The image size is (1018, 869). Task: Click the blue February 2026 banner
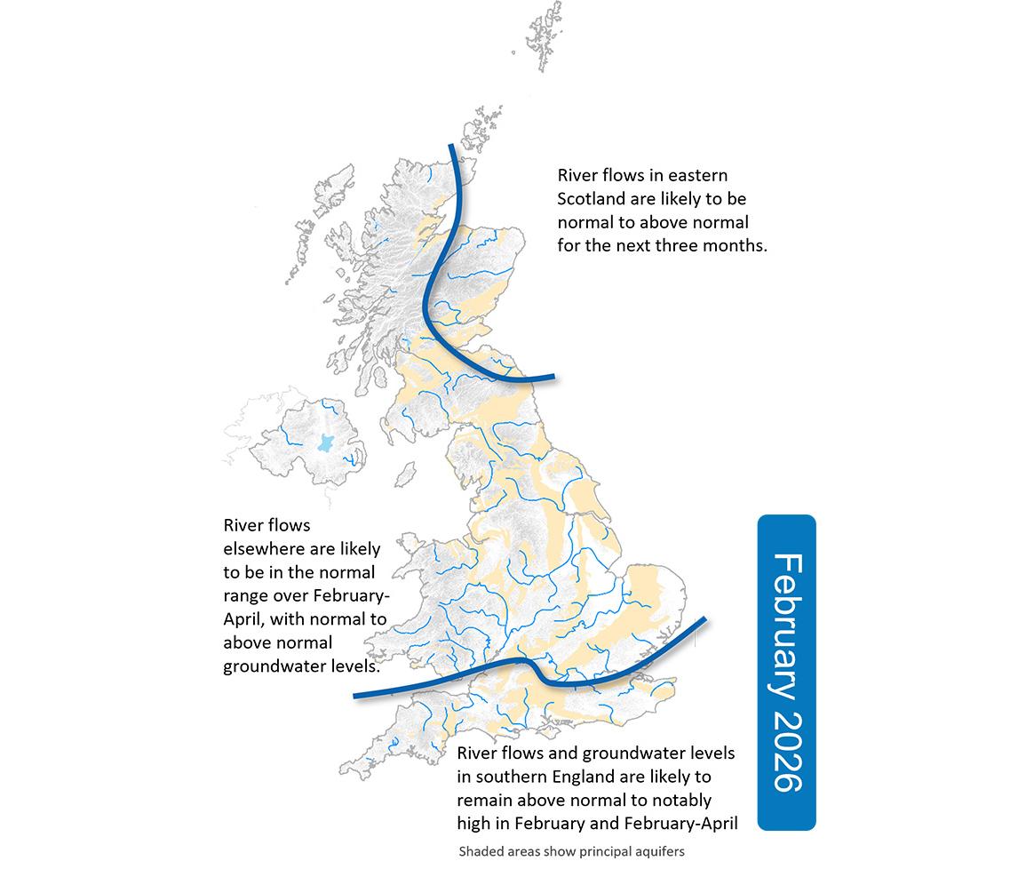[785, 672]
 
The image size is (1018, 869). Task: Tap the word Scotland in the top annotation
[593, 198]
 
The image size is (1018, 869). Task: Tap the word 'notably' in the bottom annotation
[682, 800]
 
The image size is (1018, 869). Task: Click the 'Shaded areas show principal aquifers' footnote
[571, 850]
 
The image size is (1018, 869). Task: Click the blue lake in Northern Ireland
[324, 444]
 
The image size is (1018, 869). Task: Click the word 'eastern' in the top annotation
[697, 175]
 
